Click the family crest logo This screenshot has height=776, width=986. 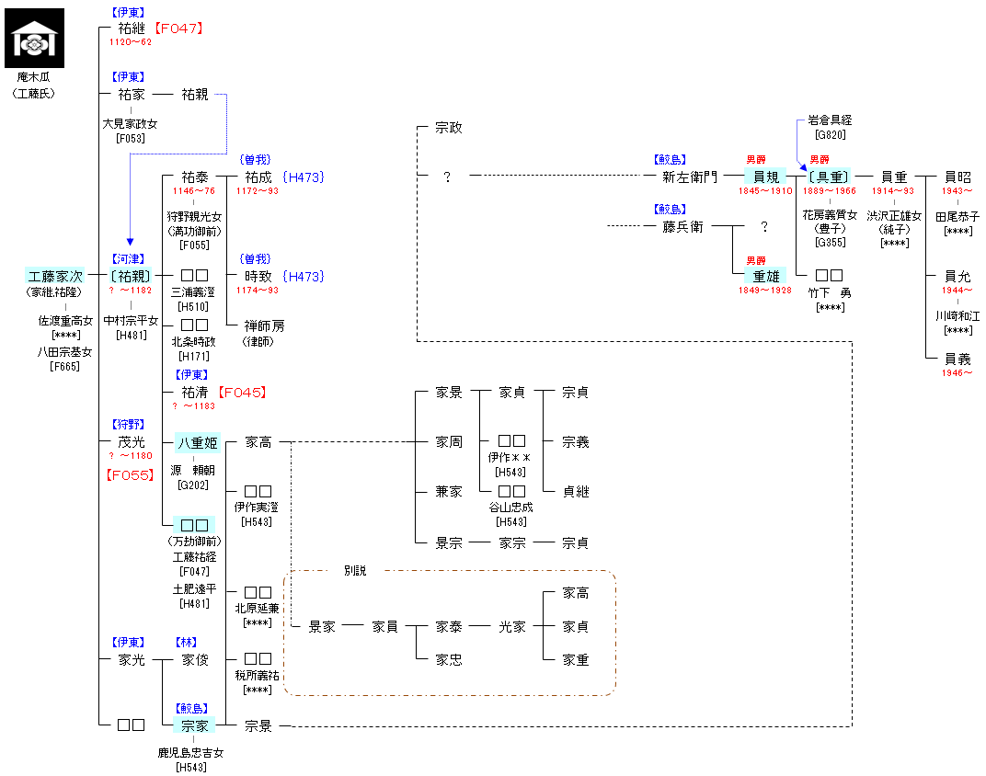38,39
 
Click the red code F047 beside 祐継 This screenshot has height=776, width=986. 178,29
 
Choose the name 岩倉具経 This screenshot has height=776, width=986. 831,120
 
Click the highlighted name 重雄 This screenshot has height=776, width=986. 765,276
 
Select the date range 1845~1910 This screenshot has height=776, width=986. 765,191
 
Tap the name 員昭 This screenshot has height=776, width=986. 957,177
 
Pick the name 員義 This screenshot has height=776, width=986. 957,359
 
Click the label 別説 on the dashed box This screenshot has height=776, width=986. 355,571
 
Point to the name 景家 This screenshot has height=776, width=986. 322,627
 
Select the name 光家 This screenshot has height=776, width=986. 512,627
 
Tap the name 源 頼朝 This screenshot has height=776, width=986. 193,471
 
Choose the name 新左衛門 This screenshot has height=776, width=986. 690,177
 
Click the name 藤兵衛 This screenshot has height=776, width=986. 682,226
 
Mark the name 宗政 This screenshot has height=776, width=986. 449,128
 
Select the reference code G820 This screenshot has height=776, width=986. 830,135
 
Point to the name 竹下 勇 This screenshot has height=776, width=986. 830,292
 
